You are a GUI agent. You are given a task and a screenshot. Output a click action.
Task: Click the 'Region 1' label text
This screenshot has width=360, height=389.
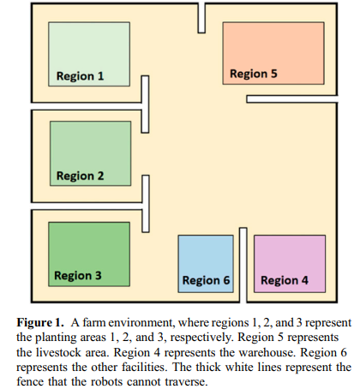pos(80,76)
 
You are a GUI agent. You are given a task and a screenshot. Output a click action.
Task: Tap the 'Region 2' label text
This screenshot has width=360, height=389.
pos(80,176)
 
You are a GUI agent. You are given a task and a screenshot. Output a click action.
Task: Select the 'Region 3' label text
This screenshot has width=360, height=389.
pos(78,276)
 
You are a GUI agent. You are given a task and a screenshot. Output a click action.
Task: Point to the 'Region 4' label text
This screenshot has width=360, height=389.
pos(285,280)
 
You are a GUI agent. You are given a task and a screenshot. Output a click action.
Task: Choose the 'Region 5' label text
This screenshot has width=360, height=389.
pos(254,74)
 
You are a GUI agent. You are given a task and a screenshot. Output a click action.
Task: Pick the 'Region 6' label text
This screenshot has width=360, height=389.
pos(206,280)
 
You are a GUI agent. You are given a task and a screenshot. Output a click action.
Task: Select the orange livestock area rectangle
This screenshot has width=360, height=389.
pos(273,53)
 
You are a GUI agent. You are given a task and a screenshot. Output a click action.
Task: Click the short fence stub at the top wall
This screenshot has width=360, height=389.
pos(201,18)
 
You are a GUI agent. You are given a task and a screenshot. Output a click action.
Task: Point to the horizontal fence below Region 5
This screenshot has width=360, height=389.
pos(292,99)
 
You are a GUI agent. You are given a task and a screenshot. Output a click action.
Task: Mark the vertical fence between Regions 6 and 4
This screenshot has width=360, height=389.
pos(243,265)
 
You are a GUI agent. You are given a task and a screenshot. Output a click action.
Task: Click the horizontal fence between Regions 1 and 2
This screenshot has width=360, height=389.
pos(87,106)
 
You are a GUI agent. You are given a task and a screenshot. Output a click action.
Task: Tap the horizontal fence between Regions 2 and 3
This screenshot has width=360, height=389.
pos(87,206)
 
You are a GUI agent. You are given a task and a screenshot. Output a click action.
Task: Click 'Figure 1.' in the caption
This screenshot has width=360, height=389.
pos(40,322)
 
